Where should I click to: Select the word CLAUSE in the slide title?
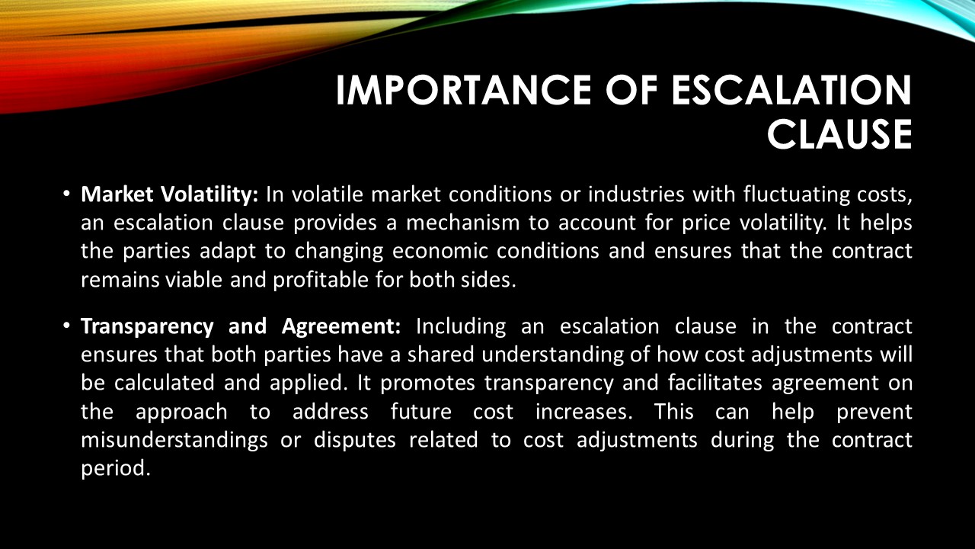click(x=839, y=135)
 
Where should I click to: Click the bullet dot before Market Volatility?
click(x=67, y=195)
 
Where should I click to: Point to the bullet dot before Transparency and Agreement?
click(x=67, y=327)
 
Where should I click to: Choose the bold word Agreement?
click(x=341, y=327)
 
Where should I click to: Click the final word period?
click(x=113, y=467)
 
